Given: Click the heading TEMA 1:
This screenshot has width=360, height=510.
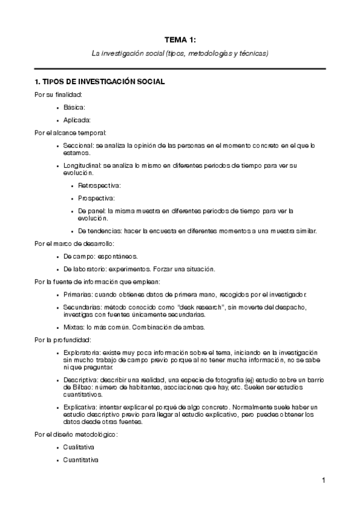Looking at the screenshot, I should (x=180, y=40).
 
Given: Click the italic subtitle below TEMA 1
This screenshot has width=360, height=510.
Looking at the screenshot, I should (x=180, y=54).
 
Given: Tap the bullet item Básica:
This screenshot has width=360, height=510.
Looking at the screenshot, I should (x=75, y=107).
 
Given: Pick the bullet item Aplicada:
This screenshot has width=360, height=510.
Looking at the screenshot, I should (x=77, y=120).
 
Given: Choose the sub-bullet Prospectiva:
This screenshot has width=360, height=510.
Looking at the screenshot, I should (x=96, y=197).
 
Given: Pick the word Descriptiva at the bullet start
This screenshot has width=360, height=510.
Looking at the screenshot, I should (x=81, y=380).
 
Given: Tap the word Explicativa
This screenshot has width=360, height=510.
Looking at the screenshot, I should (x=81, y=407).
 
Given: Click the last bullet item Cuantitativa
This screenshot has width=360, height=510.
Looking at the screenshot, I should (x=81, y=460).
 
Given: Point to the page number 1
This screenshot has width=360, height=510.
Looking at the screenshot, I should (x=323, y=481).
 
